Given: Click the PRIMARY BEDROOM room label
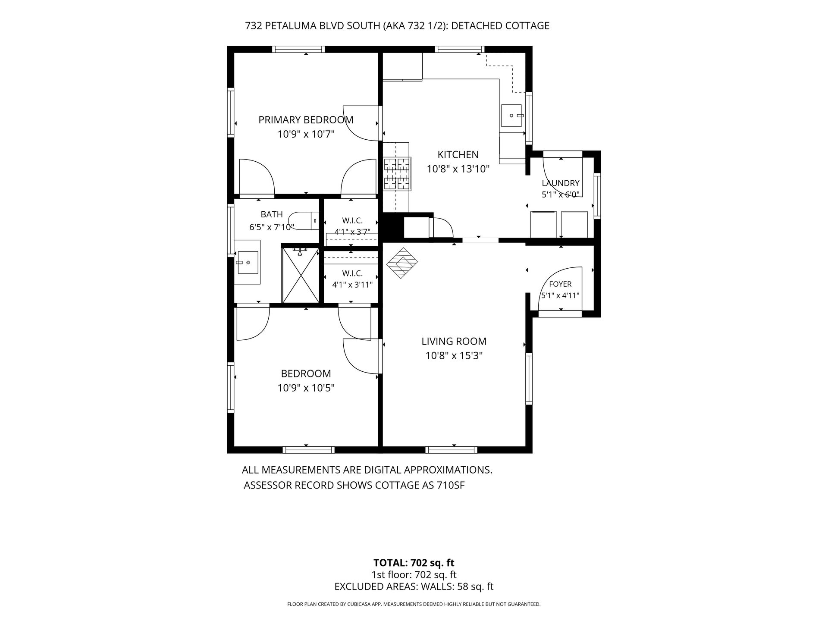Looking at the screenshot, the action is (x=306, y=120).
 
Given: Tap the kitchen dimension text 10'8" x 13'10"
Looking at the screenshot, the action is (x=458, y=169).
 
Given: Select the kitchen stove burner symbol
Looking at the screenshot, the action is (x=397, y=174).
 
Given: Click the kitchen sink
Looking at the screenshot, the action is (x=511, y=116).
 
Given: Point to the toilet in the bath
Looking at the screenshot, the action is (x=303, y=220).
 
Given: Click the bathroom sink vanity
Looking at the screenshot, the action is (x=247, y=262).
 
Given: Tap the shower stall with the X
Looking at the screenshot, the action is (x=301, y=275).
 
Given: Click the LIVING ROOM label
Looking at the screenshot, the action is (x=454, y=342).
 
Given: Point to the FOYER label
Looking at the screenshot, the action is (x=560, y=284).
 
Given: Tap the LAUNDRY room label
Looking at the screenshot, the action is (x=561, y=183).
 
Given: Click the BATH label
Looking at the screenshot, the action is (x=272, y=214).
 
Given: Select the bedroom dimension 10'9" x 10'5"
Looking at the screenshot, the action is (x=306, y=388).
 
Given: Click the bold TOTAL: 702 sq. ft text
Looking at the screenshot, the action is (x=414, y=563).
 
